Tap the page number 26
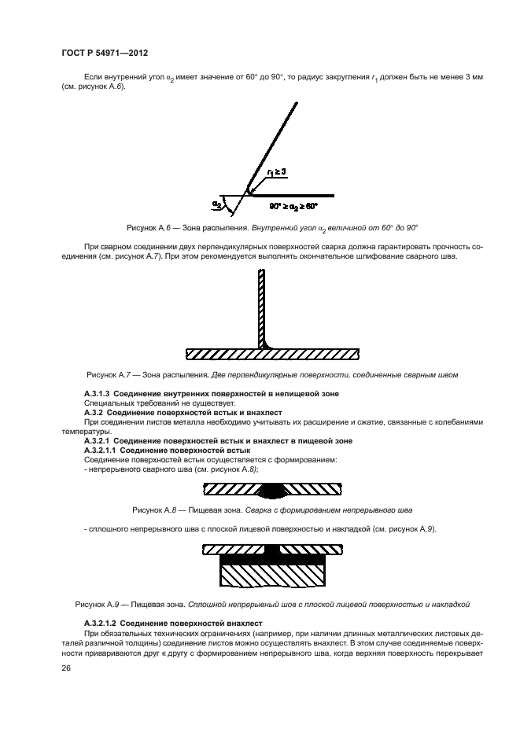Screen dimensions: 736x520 [x=65, y=669]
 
